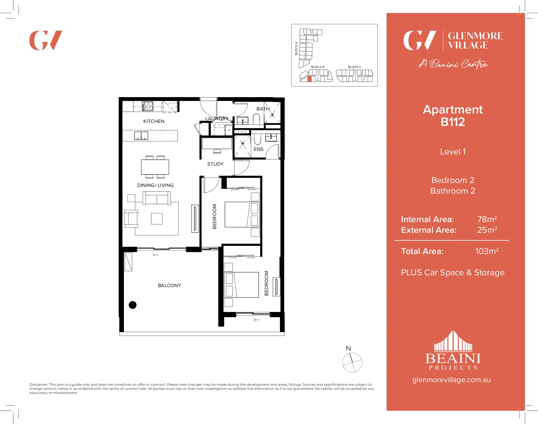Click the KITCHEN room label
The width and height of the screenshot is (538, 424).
[x=154, y=121]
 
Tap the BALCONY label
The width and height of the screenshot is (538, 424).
[x=169, y=285]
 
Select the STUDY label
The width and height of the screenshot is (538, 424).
[x=215, y=164]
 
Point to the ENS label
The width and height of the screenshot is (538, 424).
[x=258, y=149]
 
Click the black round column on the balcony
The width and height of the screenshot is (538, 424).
[x=133, y=305]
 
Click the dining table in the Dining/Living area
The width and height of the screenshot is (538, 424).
[x=155, y=167]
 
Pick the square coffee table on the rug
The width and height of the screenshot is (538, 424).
[x=157, y=219]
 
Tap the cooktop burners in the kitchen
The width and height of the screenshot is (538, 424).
[x=148, y=106]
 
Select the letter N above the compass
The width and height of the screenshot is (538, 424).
[x=348, y=348]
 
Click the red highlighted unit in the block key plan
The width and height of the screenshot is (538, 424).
[x=309, y=79]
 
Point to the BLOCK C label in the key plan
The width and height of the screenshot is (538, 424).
[x=355, y=67]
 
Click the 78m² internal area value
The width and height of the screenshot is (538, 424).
[x=487, y=219]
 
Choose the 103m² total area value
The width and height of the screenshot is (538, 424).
[x=487, y=251]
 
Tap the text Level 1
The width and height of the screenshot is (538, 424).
[x=453, y=152]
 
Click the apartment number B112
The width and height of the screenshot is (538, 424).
[x=453, y=122]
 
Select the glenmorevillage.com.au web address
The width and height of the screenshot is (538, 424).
[x=451, y=380]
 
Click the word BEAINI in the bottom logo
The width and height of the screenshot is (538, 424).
[x=453, y=359]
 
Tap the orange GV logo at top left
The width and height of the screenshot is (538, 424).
[x=46, y=40]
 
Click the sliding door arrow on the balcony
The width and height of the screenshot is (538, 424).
[x=156, y=255]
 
